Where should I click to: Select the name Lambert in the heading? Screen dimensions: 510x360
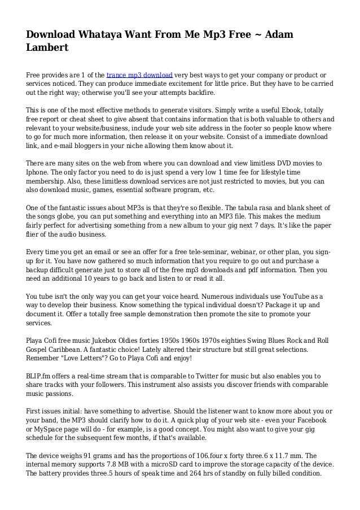[x=47, y=49]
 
